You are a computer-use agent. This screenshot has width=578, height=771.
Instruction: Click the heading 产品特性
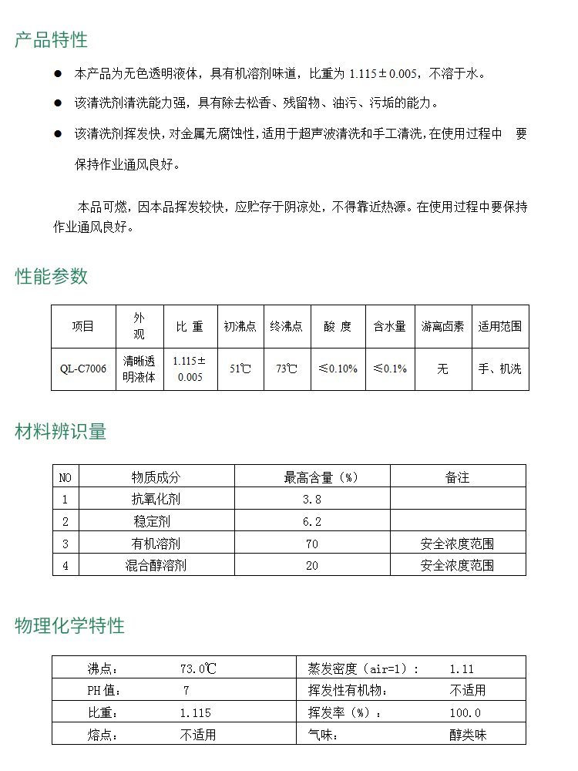(x=51, y=40)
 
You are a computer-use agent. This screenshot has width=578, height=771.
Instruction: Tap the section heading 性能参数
(x=52, y=277)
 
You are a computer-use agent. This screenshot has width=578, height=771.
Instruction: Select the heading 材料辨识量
(x=61, y=432)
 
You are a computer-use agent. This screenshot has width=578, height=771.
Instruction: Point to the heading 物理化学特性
(x=69, y=625)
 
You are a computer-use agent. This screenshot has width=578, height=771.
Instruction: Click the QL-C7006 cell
(x=83, y=369)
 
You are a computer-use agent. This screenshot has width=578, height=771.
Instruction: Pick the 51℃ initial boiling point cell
(x=240, y=369)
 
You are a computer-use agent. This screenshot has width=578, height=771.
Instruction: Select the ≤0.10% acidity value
(x=338, y=369)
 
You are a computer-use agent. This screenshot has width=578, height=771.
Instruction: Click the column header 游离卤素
(x=442, y=326)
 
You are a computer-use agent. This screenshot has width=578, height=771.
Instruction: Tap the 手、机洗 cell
(x=499, y=369)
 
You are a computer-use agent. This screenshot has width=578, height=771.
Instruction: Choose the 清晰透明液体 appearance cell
(x=139, y=369)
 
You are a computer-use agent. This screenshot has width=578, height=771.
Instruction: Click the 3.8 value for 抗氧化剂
(x=312, y=500)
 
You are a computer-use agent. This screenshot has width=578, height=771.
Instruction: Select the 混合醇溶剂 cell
(x=156, y=565)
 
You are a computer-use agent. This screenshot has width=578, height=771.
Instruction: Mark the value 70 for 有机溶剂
(x=312, y=544)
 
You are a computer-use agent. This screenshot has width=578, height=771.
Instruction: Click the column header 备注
(x=457, y=478)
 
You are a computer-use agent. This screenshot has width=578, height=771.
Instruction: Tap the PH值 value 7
(x=186, y=691)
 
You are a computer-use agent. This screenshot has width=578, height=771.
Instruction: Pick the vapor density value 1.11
(x=462, y=669)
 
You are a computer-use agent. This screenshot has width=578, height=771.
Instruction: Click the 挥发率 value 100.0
(x=465, y=713)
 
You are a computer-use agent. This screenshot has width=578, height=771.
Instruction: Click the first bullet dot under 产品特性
(x=57, y=74)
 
